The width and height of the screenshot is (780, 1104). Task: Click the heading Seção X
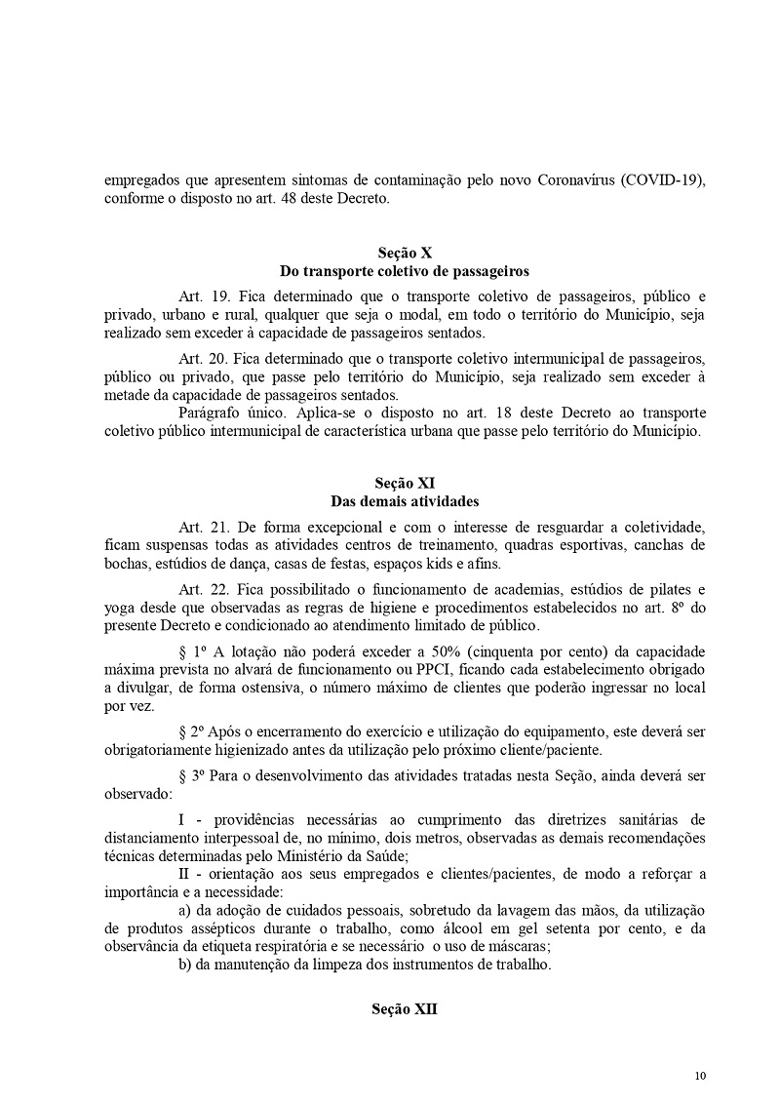404,253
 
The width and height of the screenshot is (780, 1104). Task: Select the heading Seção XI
404,484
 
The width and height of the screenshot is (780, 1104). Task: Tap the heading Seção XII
404,1009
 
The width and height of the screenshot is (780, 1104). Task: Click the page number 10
700,1076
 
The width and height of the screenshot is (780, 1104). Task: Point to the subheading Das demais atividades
404,501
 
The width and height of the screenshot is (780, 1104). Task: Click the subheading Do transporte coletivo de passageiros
404,270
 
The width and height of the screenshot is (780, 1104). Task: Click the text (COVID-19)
662,181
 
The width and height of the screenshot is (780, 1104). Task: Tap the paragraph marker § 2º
194,731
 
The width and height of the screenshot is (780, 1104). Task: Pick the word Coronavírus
565,181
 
